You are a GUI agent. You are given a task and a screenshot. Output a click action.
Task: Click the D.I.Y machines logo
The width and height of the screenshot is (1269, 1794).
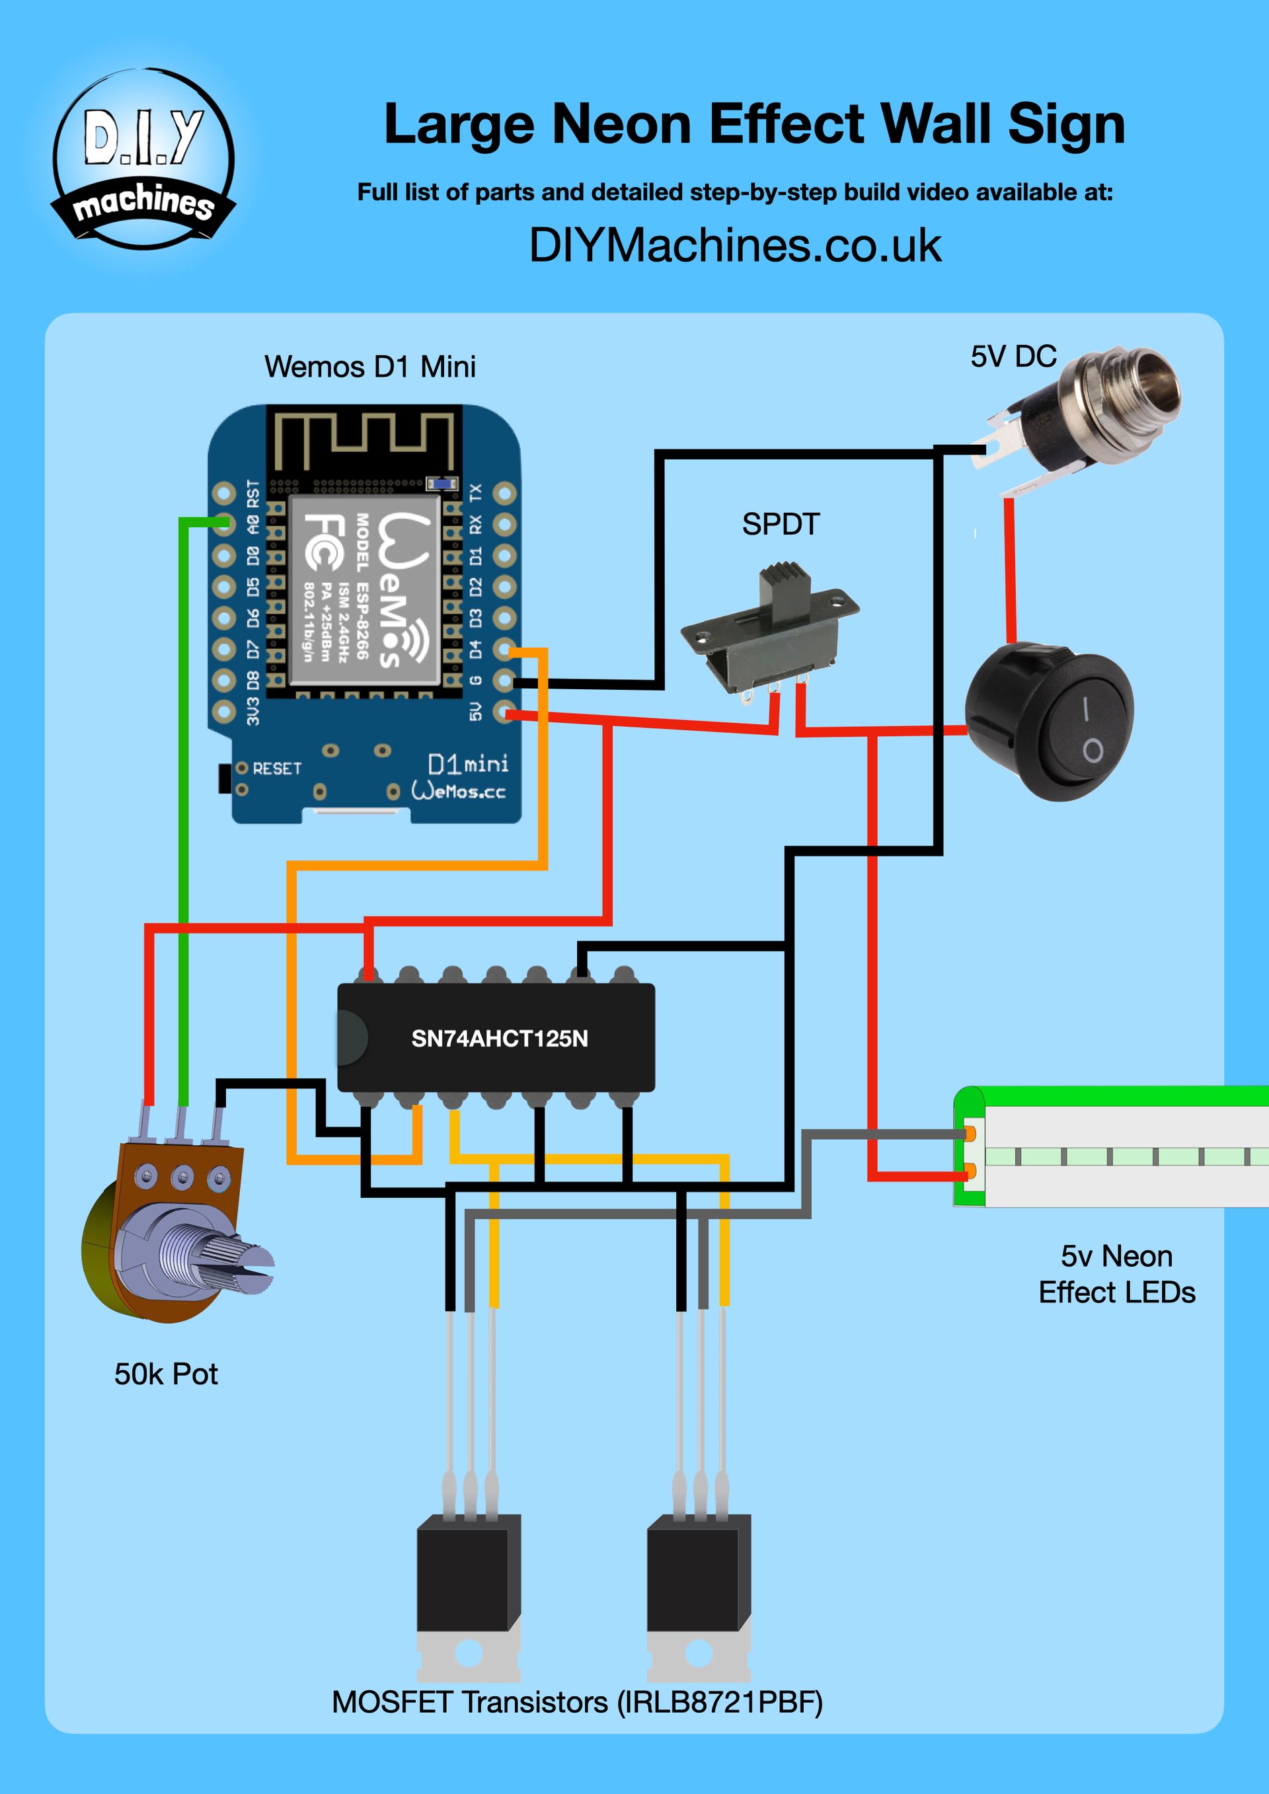coord(143,159)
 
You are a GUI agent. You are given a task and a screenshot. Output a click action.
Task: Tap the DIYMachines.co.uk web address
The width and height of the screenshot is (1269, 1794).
coord(734,245)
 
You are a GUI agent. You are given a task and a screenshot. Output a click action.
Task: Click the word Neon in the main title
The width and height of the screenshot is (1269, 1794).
coord(621,124)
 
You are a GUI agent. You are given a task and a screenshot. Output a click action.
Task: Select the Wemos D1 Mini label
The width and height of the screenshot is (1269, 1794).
coord(369,367)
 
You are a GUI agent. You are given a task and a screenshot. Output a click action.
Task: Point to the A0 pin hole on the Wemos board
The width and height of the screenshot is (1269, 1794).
coord(224,523)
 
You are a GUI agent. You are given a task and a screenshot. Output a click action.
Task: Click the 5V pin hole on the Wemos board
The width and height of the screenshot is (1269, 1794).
coord(505,711)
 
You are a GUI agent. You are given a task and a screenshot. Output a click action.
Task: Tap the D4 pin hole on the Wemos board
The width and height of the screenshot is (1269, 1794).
coord(505,650)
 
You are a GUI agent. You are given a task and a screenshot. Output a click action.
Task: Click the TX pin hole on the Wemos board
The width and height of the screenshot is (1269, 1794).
coord(505,493)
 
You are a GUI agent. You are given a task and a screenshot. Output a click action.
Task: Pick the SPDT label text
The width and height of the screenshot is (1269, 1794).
coord(781,524)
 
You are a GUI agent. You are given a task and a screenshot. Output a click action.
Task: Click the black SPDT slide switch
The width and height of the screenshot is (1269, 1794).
coord(770,625)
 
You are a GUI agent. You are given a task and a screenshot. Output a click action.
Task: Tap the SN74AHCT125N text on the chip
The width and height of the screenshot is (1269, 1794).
coord(499,1039)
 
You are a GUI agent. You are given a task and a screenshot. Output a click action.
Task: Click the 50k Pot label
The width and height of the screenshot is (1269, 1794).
coord(166,1374)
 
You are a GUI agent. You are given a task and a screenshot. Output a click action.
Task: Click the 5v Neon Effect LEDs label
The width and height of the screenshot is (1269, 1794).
coord(1116,1275)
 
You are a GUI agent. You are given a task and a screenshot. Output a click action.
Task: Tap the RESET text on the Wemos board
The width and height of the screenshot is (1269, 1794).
coord(277,769)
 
